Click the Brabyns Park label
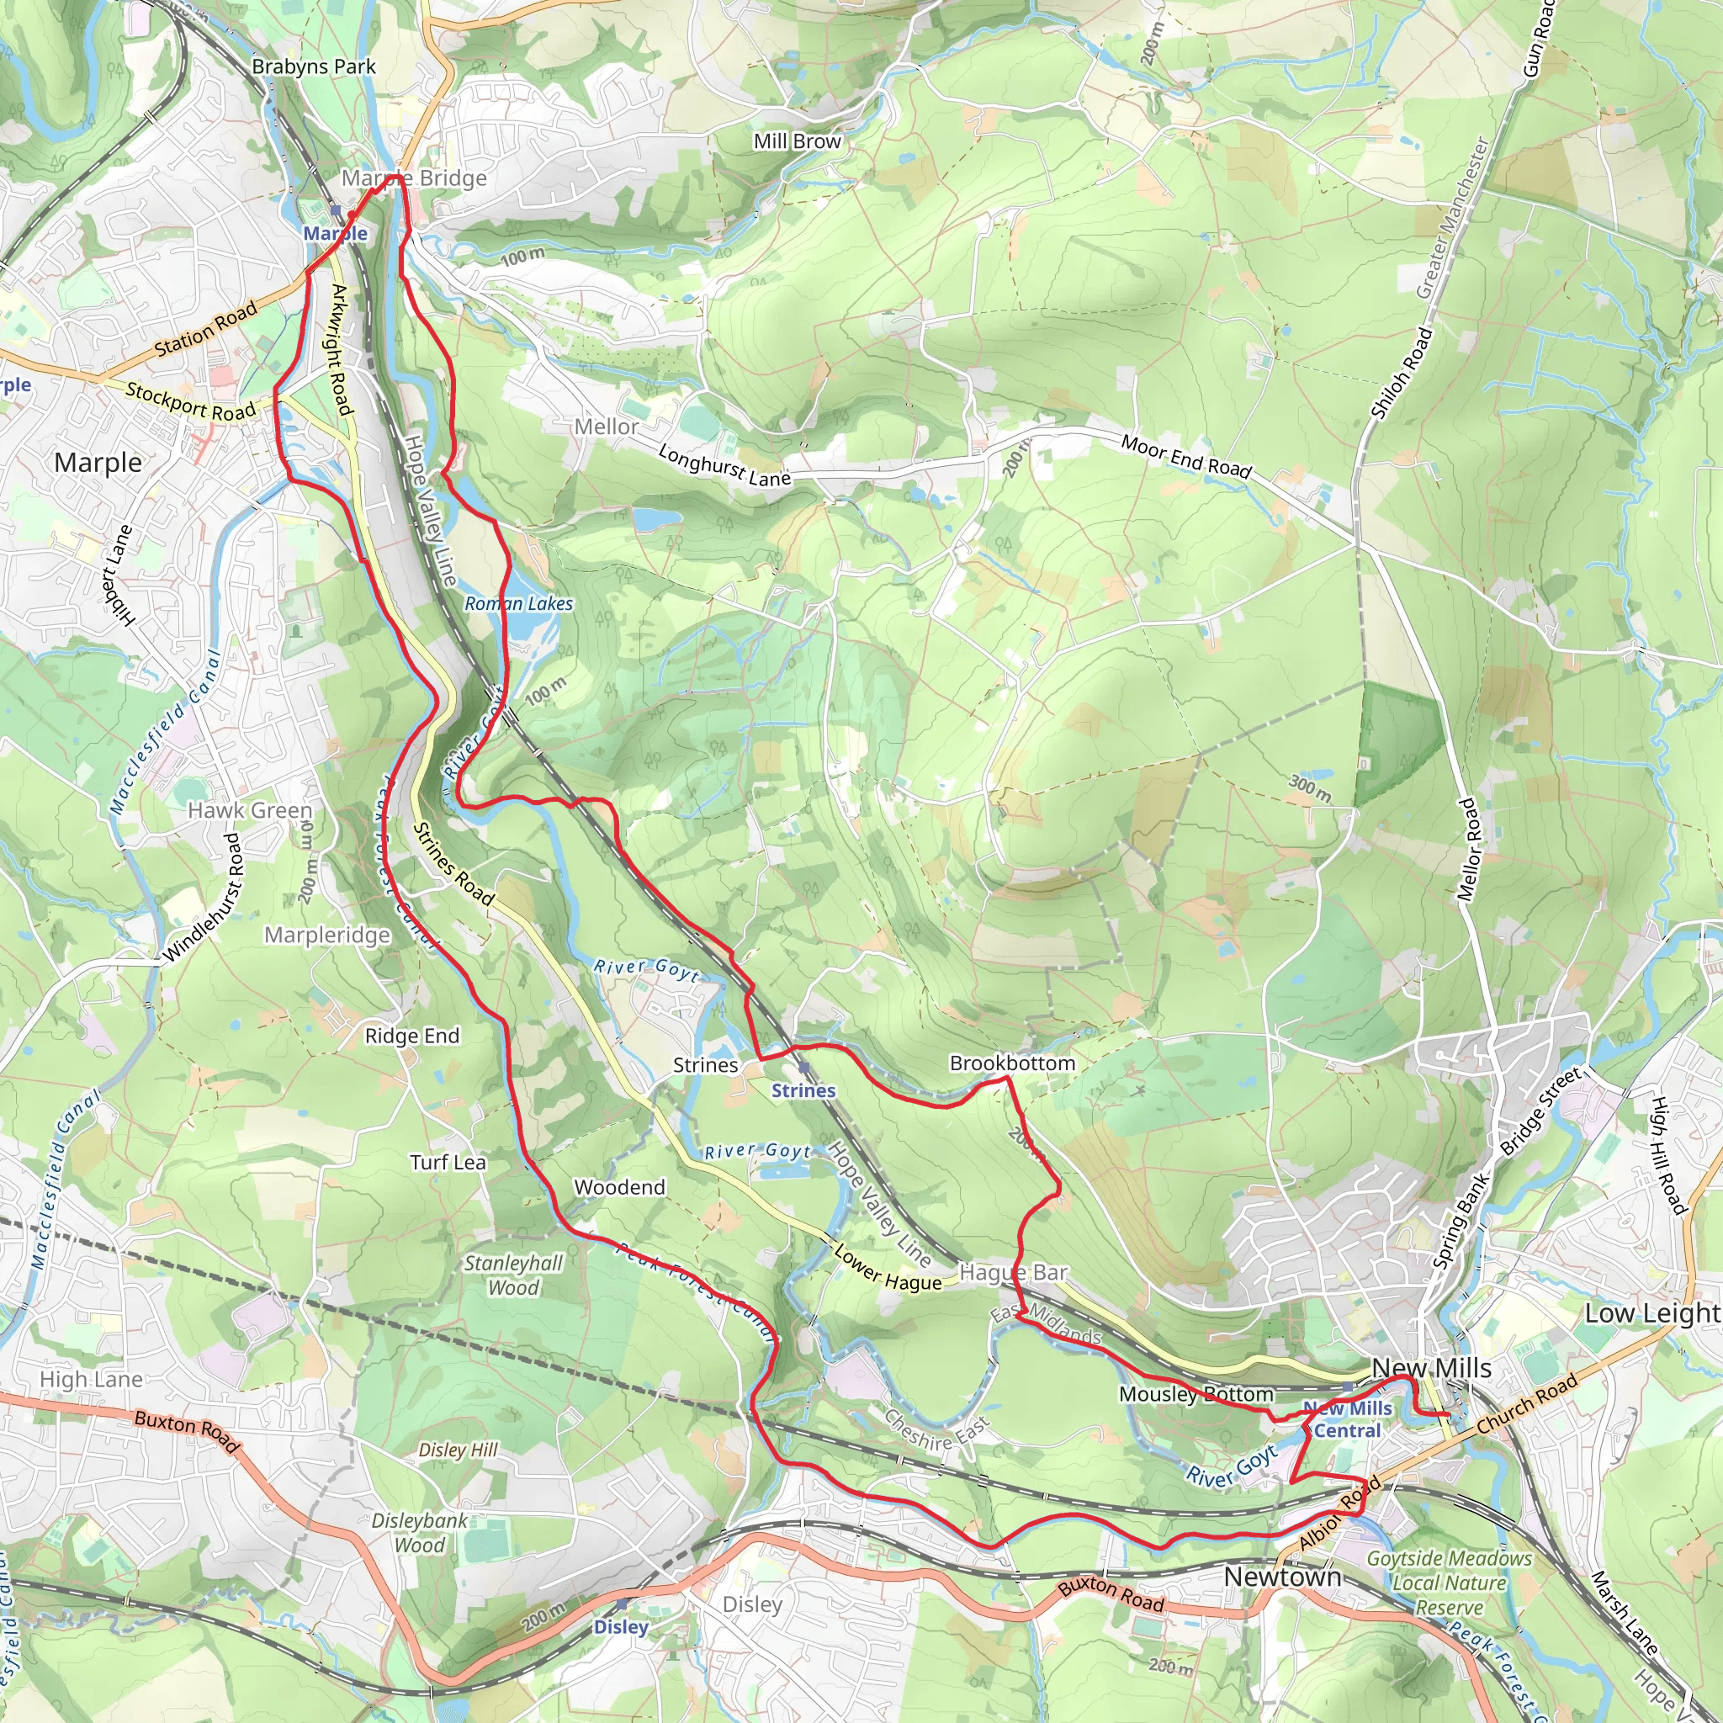point(313,67)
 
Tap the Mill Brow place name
point(797,140)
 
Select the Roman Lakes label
point(518,604)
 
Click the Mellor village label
point(607,427)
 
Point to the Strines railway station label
point(803,1090)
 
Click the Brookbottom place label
point(1012,1063)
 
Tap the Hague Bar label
point(1013,1273)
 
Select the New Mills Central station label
point(1347,1419)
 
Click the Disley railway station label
point(621,1627)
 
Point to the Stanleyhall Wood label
point(514,1275)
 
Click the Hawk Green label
point(250,811)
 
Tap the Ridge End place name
point(412,1036)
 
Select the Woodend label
point(620,1187)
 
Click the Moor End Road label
point(1186,456)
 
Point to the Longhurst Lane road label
point(724,465)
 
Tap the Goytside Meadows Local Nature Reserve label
point(1450,1583)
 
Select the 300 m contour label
point(1309,788)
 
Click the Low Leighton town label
point(1651,1312)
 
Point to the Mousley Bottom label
point(1196,1394)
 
